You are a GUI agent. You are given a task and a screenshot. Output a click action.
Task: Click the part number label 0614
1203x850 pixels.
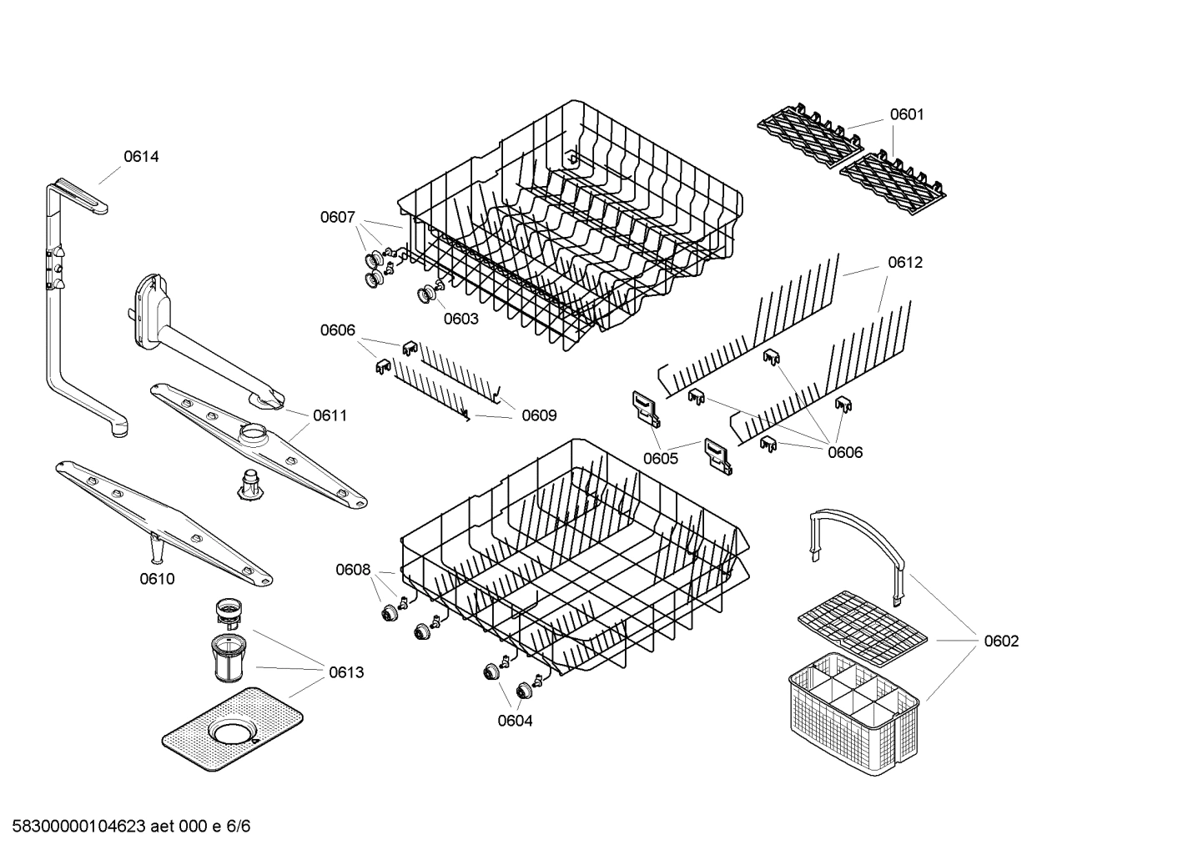click(x=141, y=156)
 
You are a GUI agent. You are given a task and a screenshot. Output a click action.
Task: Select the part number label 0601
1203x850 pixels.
click(x=906, y=114)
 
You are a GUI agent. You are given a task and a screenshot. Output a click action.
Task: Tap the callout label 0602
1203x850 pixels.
click(x=1001, y=641)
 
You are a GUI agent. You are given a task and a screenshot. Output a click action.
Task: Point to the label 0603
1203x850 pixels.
click(x=461, y=319)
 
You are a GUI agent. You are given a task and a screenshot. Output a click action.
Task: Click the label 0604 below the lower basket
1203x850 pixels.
click(x=515, y=721)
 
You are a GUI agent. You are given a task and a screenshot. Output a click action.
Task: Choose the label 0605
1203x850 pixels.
click(x=660, y=458)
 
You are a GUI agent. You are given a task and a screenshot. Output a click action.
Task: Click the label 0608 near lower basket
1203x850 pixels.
click(x=353, y=570)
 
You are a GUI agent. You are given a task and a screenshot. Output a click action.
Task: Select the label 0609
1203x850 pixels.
click(x=539, y=415)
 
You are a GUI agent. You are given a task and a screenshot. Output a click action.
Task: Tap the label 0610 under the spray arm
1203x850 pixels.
click(x=157, y=579)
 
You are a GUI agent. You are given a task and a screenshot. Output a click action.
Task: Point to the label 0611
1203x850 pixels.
click(x=330, y=415)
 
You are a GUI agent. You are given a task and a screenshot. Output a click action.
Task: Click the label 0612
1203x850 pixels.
click(x=905, y=262)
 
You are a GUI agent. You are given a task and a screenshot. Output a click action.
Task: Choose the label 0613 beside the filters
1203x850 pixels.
click(x=345, y=672)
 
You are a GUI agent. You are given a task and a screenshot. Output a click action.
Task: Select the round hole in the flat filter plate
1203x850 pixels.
click(x=231, y=732)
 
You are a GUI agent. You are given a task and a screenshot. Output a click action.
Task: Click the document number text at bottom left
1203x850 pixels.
click(x=125, y=827)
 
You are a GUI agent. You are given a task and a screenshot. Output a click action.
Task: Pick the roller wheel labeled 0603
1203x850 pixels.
click(x=430, y=294)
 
